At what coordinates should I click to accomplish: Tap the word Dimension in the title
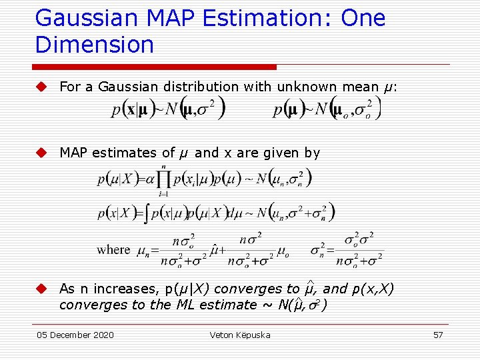click(95, 45)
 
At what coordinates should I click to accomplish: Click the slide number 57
click(438, 335)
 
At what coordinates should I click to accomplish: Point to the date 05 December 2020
click(75, 335)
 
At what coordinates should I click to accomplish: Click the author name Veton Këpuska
click(240, 335)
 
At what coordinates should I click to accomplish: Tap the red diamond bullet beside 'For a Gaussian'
click(41, 87)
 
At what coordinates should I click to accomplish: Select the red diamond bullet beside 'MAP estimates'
click(41, 153)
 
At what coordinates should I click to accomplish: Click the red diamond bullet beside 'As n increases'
click(41, 289)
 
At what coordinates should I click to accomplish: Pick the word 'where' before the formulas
click(113, 250)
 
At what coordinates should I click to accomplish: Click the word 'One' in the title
click(363, 18)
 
